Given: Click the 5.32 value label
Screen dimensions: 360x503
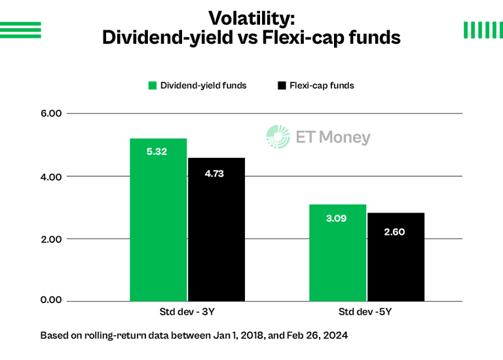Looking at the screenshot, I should [157, 152].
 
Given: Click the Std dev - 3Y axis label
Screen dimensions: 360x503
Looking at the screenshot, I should [186, 312].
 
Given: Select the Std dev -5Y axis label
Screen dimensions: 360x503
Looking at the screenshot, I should [366, 312].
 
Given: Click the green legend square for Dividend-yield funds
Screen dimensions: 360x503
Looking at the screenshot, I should [153, 86].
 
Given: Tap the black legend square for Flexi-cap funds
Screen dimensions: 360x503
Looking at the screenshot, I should [282, 86].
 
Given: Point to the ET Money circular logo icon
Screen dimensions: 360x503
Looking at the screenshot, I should [278, 137].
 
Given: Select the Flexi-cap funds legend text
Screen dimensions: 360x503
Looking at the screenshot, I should [322, 86].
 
